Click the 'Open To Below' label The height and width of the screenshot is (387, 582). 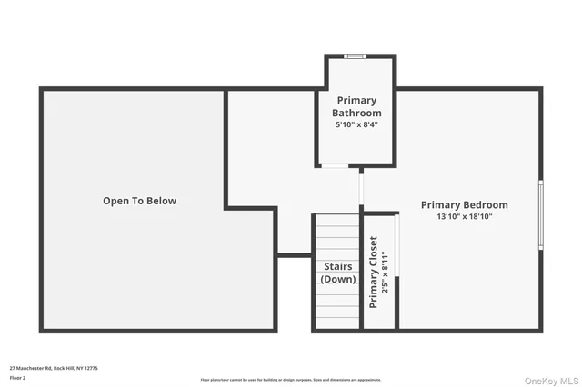(x=139, y=201)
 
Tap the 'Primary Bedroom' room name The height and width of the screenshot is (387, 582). (x=464, y=205)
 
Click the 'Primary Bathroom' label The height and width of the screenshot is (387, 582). (x=356, y=106)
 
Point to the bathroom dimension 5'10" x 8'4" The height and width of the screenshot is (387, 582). (x=356, y=125)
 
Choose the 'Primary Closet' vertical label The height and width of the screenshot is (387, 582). (x=373, y=272)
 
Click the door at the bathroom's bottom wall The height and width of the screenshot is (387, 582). (x=334, y=166)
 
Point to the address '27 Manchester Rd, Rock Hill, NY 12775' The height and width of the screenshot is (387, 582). (x=54, y=368)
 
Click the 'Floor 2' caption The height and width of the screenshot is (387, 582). (x=18, y=377)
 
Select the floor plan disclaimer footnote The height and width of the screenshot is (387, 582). (x=291, y=380)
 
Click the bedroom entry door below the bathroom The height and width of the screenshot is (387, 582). (x=361, y=190)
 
